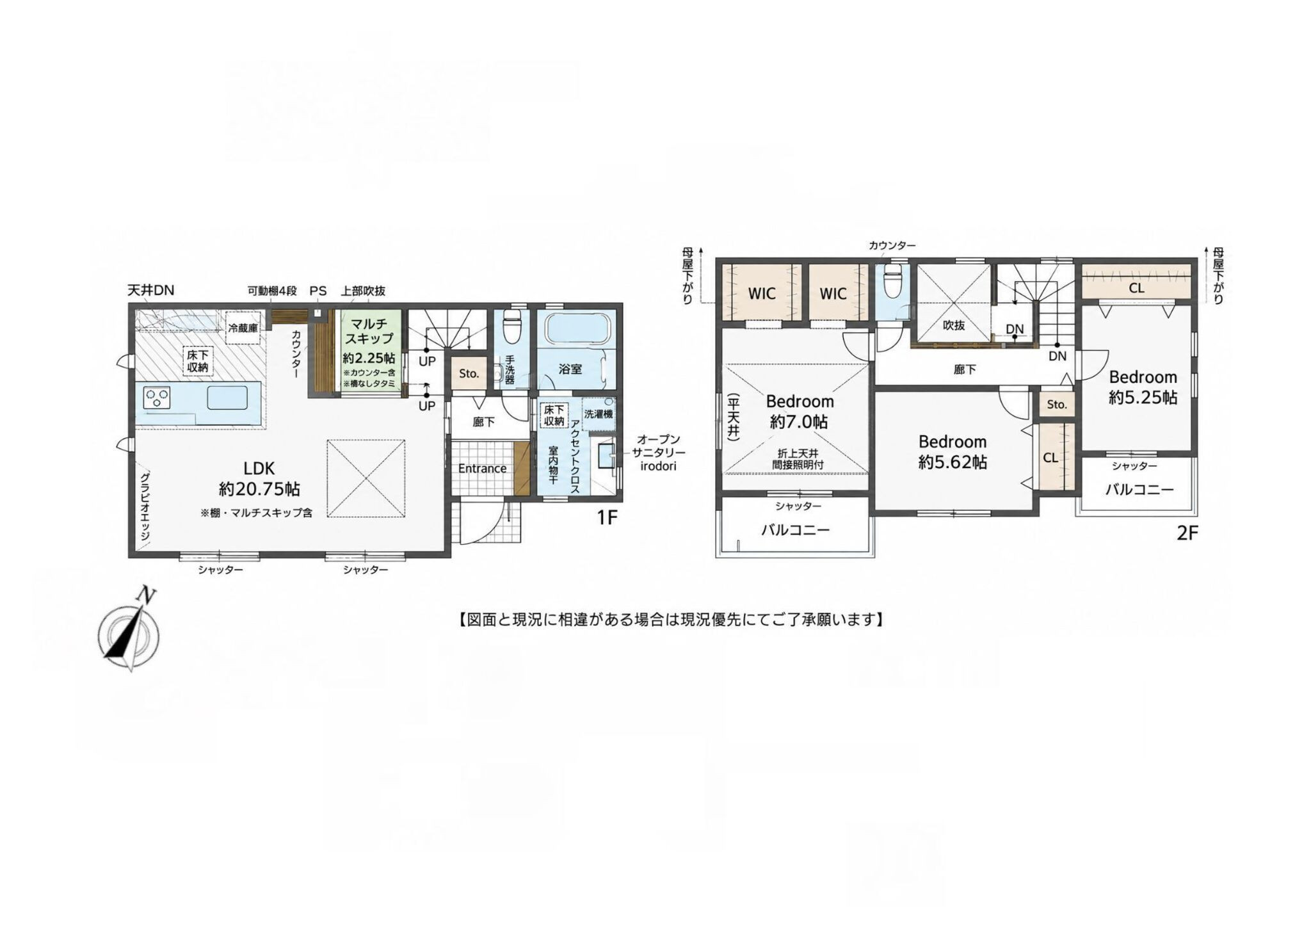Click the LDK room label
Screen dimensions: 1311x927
pos(259,468)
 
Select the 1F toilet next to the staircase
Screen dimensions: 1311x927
pos(511,327)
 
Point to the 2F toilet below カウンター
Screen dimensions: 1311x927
pos(891,282)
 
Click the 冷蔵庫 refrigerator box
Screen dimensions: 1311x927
pos(243,328)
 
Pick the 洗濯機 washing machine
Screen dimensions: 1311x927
pos(599,414)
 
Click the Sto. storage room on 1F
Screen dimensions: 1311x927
pos(469,373)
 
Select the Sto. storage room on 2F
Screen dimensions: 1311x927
pos(1057,404)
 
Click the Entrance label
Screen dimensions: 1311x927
pos(482,469)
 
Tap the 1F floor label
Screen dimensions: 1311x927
pos(607,517)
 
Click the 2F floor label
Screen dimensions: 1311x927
pos(1187,533)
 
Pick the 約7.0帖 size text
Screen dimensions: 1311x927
pos(800,422)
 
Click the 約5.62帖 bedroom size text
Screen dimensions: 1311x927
pos(953,462)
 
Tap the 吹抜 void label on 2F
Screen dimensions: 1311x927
pos(954,325)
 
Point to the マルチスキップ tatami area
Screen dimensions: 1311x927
pos(371,350)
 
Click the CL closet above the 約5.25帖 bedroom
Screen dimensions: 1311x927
pos(1136,288)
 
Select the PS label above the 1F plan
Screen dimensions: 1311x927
pos(318,291)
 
